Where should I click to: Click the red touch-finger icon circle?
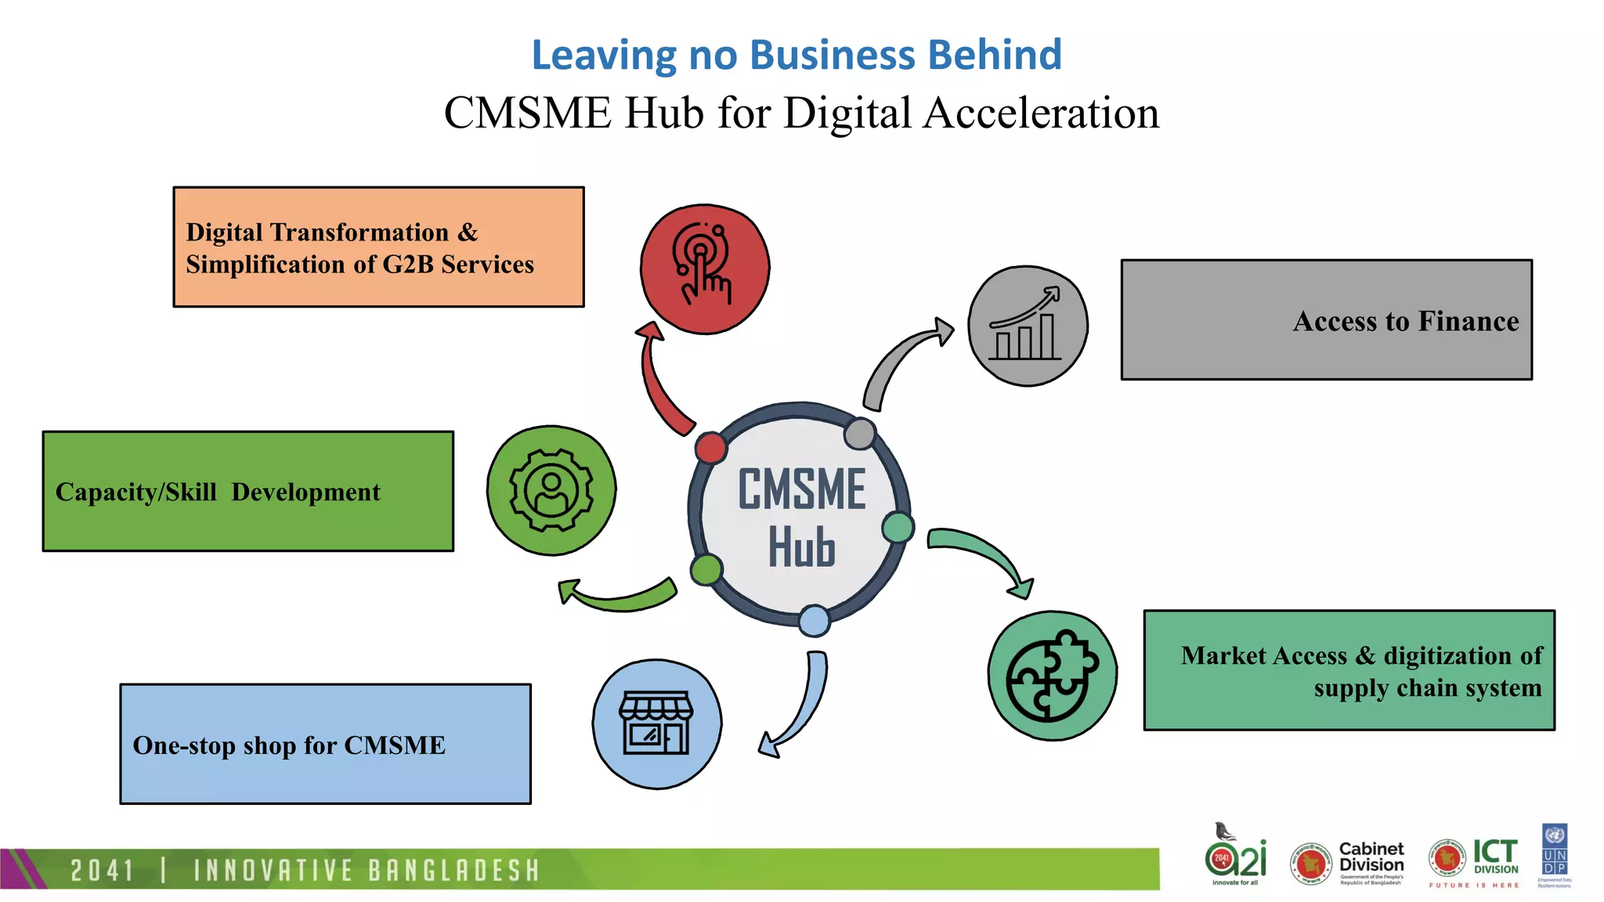pyautogui.click(x=705, y=269)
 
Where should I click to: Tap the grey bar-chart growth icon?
pyautogui.click(x=1028, y=325)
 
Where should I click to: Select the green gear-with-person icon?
pyautogui.click(x=551, y=491)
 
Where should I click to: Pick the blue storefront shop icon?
pyautogui.click(x=656, y=724)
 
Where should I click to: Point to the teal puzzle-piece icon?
pyautogui.click(x=1052, y=676)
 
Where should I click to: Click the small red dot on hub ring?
pyautogui.click(x=710, y=448)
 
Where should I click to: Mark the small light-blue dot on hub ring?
pyautogui.click(x=814, y=621)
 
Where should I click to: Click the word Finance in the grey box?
pyautogui.click(x=1469, y=321)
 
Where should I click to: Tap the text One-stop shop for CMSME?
pyautogui.click(x=289, y=745)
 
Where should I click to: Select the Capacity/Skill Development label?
pyautogui.click(x=218, y=492)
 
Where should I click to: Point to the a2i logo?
pyautogui.click(x=1235, y=856)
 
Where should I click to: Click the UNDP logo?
pyautogui.click(x=1555, y=853)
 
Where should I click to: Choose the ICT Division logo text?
pyautogui.click(x=1495, y=856)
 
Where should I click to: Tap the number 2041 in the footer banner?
pyautogui.click(x=102, y=871)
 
